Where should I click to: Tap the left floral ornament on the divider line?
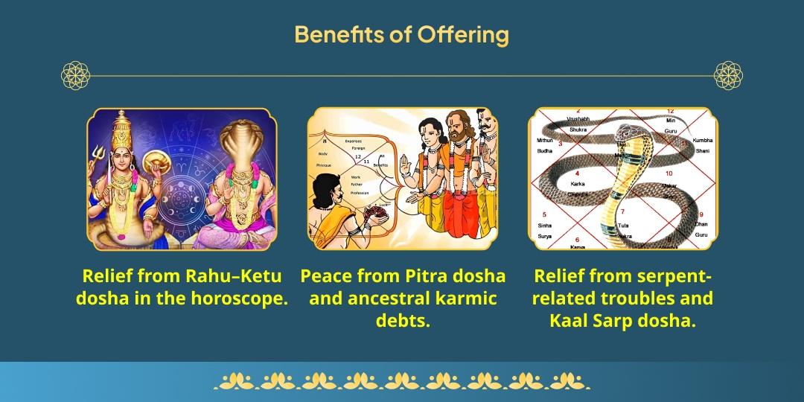(x=75, y=76)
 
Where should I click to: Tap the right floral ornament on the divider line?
(x=729, y=76)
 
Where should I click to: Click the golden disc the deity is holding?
(x=160, y=160)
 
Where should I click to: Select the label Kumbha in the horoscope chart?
(x=702, y=140)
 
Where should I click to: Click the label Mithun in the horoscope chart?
(x=544, y=140)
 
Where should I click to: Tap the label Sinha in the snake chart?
(x=544, y=225)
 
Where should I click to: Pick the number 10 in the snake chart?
(x=669, y=173)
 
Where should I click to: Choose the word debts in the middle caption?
(x=403, y=321)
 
